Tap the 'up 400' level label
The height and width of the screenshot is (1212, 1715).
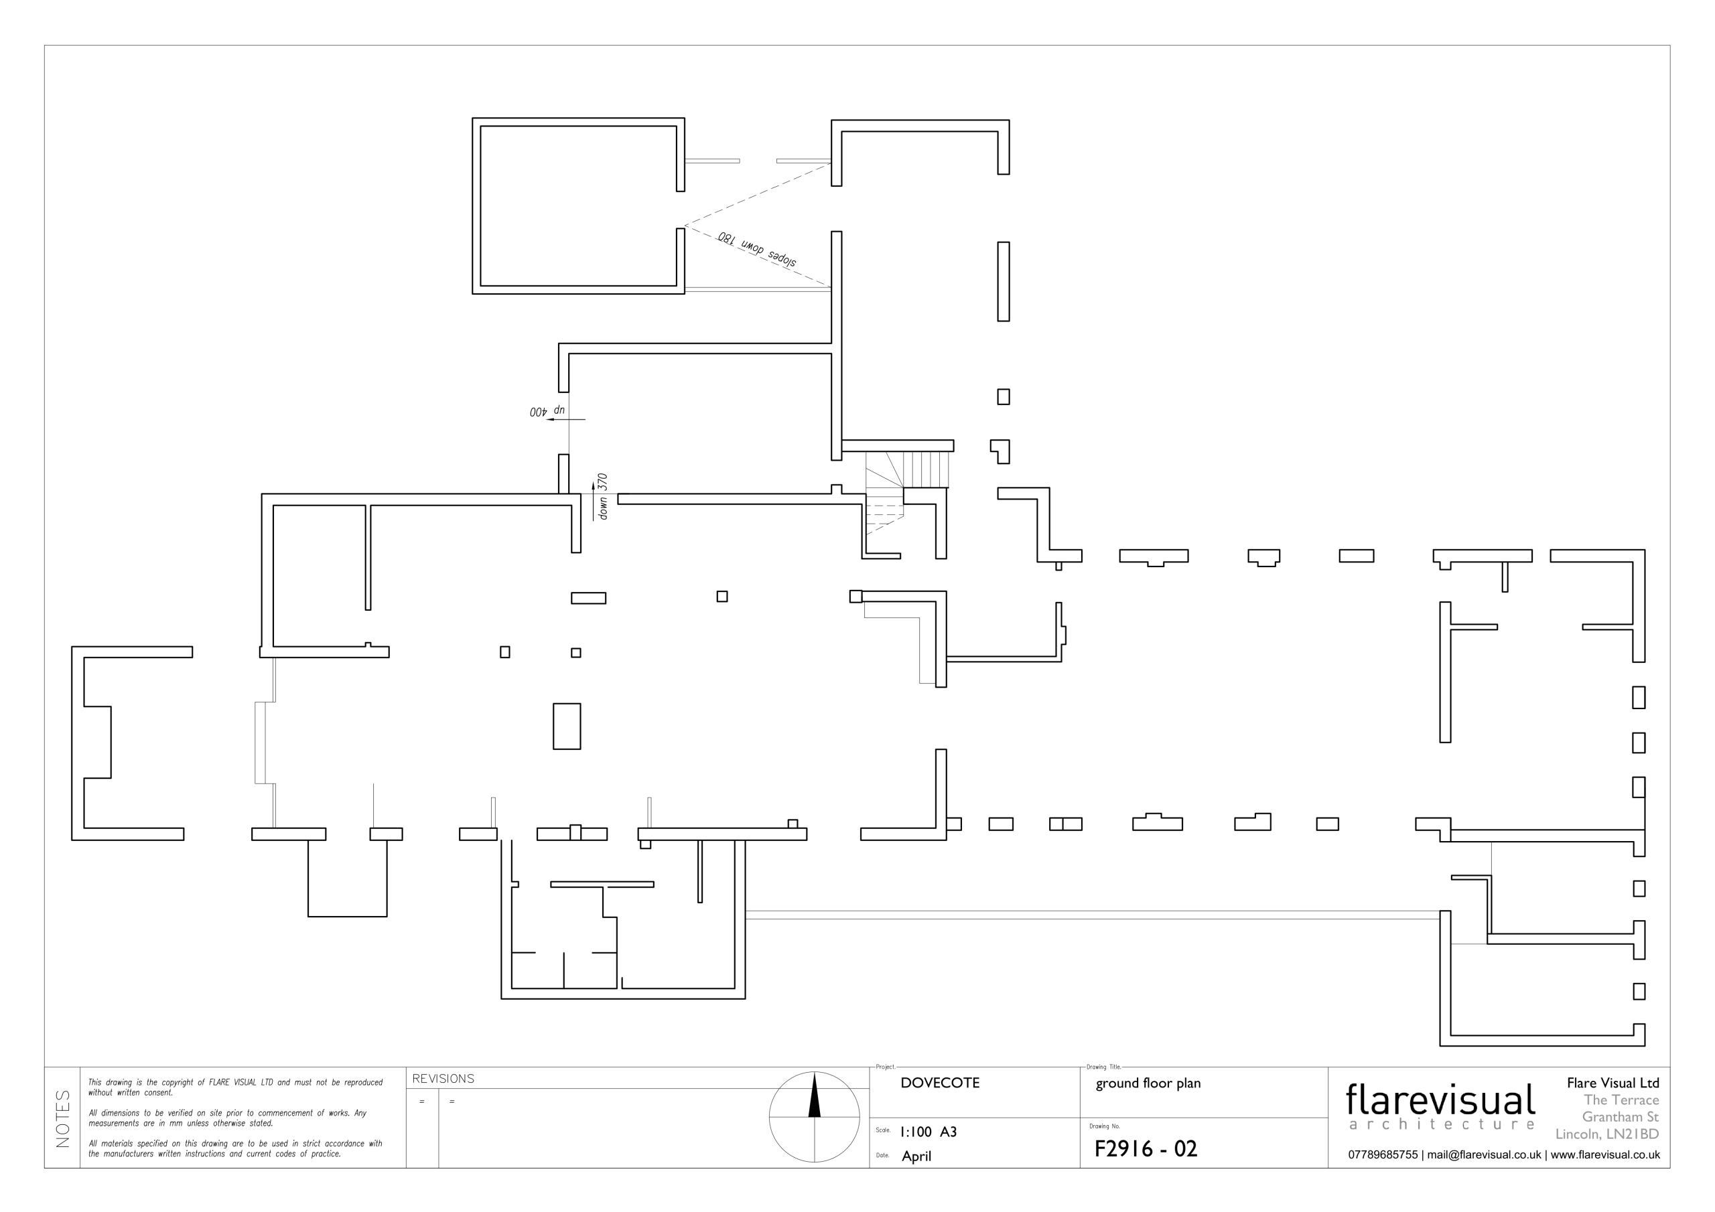click(x=547, y=411)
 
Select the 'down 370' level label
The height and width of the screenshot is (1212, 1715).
click(x=603, y=497)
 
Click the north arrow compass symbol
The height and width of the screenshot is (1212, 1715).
click(x=814, y=1116)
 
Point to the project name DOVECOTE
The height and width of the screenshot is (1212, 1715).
click(x=940, y=1083)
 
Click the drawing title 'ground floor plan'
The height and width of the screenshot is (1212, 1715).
click(x=1148, y=1083)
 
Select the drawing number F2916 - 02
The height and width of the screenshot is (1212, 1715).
click(x=1146, y=1148)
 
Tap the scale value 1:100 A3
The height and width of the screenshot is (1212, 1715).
click(x=929, y=1132)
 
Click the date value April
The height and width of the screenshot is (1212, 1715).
click(x=916, y=1156)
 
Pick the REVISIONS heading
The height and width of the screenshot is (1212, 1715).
click(x=443, y=1079)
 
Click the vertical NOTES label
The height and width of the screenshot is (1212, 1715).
click(x=63, y=1119)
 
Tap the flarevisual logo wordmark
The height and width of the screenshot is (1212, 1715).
click(x=1440, y=1100)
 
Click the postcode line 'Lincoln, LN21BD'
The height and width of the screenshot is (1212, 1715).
click(x=1607, y=1134)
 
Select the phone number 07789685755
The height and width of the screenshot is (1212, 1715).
click(x=1383, y=1154)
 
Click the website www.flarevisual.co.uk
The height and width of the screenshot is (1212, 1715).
click(x=1605, y=1154)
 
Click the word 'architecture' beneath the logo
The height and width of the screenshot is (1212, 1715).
click(x=1442, y=1125)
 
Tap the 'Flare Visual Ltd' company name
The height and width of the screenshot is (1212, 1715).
click(x=1613, y=1083)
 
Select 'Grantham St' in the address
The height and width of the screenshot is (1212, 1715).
click(x=1620, y=1117)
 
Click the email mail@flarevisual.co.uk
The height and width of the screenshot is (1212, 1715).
click(x=1484, y=1154)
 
